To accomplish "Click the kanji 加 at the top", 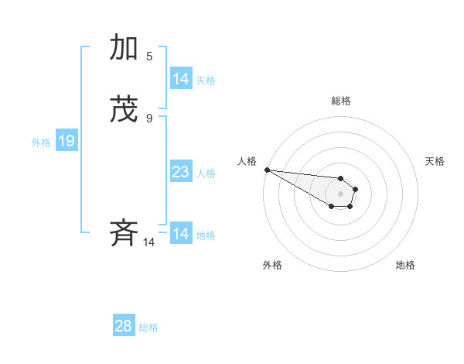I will [x=125, y=49].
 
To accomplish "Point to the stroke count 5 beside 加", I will [x=149, y=56].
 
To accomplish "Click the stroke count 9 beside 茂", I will [x=149, y=118].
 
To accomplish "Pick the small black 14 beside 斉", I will [x=148, y=242].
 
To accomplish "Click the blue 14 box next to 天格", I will [x=181, y=79].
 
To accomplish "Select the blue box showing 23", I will [x=181, y=172].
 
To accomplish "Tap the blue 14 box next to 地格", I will [x=181, y=234].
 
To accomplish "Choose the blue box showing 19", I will [x=67, y=141].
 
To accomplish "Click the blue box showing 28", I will [x=124, y=326].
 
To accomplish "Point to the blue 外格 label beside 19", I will [x=41, y=143].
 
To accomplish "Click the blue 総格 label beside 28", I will [x=148, y=328].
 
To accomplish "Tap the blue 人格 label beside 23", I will [x=206, y=173].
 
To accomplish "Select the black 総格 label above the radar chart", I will [x=341, y=101].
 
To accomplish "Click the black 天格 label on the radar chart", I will [x=435, y=161].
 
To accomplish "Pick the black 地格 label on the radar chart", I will [x=405, y=265].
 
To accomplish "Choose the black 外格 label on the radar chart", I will [x=272, y=265].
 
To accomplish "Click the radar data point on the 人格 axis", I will [x=266, y=170].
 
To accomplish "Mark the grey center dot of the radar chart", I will [x=340, y=194].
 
